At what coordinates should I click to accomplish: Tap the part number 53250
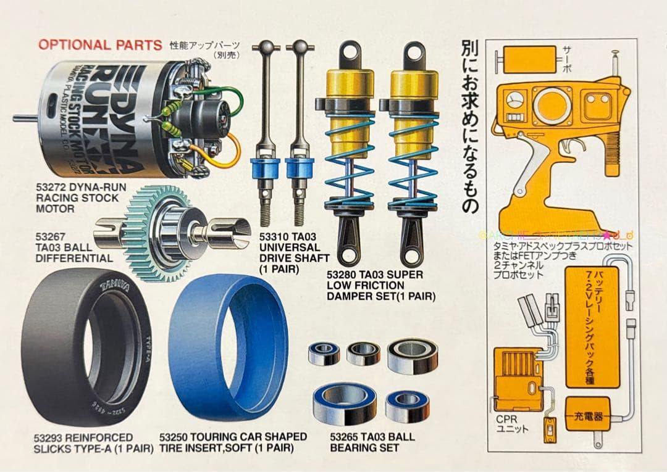point(174,436)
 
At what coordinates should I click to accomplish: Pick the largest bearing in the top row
point(412,355)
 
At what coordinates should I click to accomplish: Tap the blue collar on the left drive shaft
point(266,167)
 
